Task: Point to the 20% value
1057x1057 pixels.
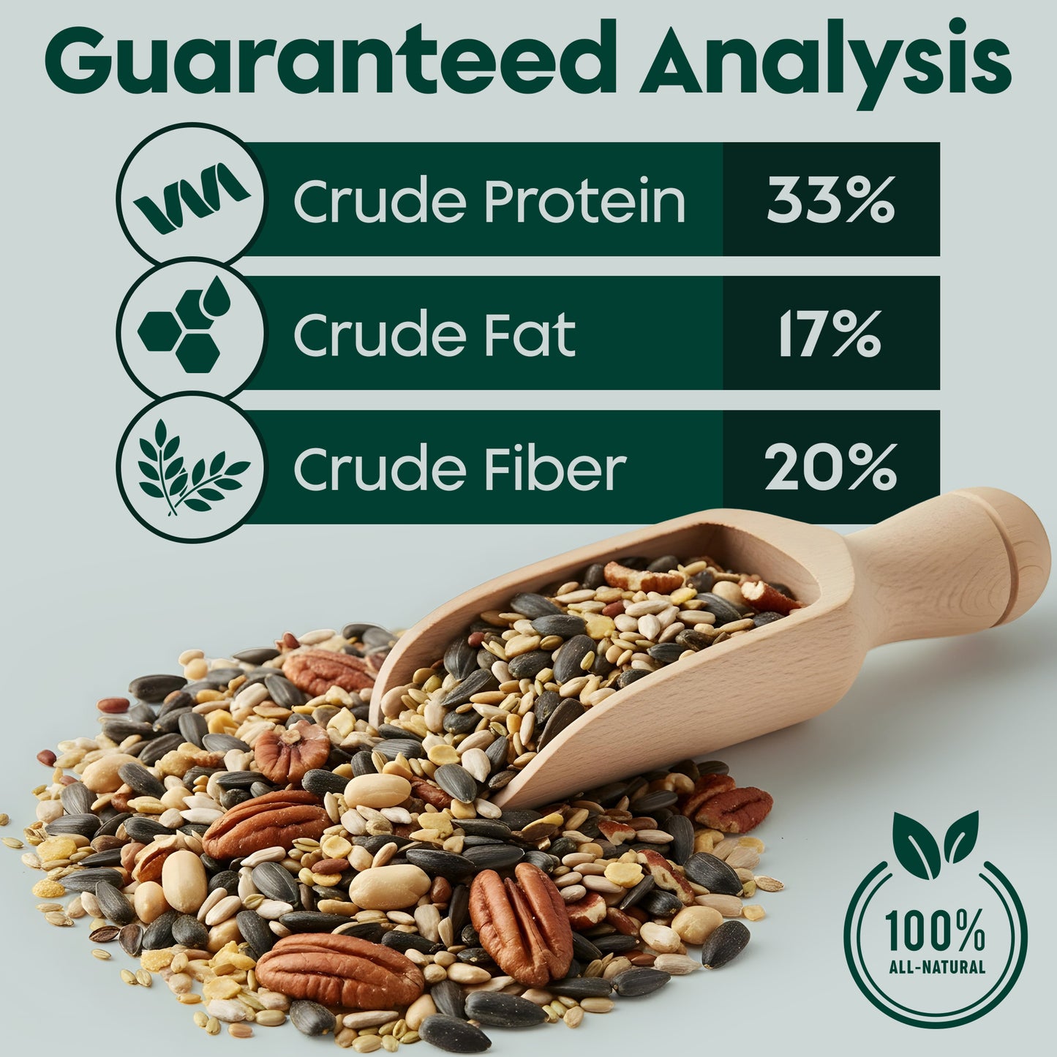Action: tap(830, 467)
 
